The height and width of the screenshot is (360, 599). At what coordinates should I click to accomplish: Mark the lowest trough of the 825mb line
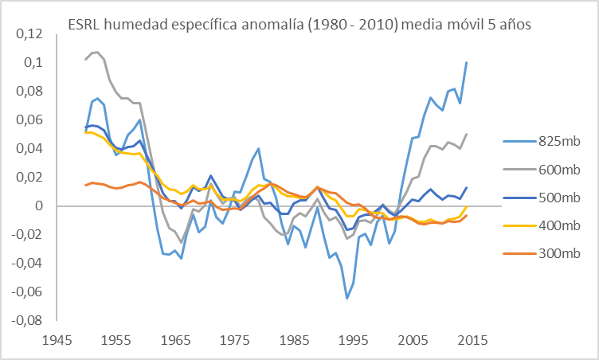coord(346,299)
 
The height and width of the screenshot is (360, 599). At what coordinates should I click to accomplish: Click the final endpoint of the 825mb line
coord(467,62)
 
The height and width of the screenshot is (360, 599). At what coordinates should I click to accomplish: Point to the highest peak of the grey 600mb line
coord(96,53)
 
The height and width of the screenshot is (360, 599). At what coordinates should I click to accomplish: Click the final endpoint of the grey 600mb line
coord(467,134)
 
